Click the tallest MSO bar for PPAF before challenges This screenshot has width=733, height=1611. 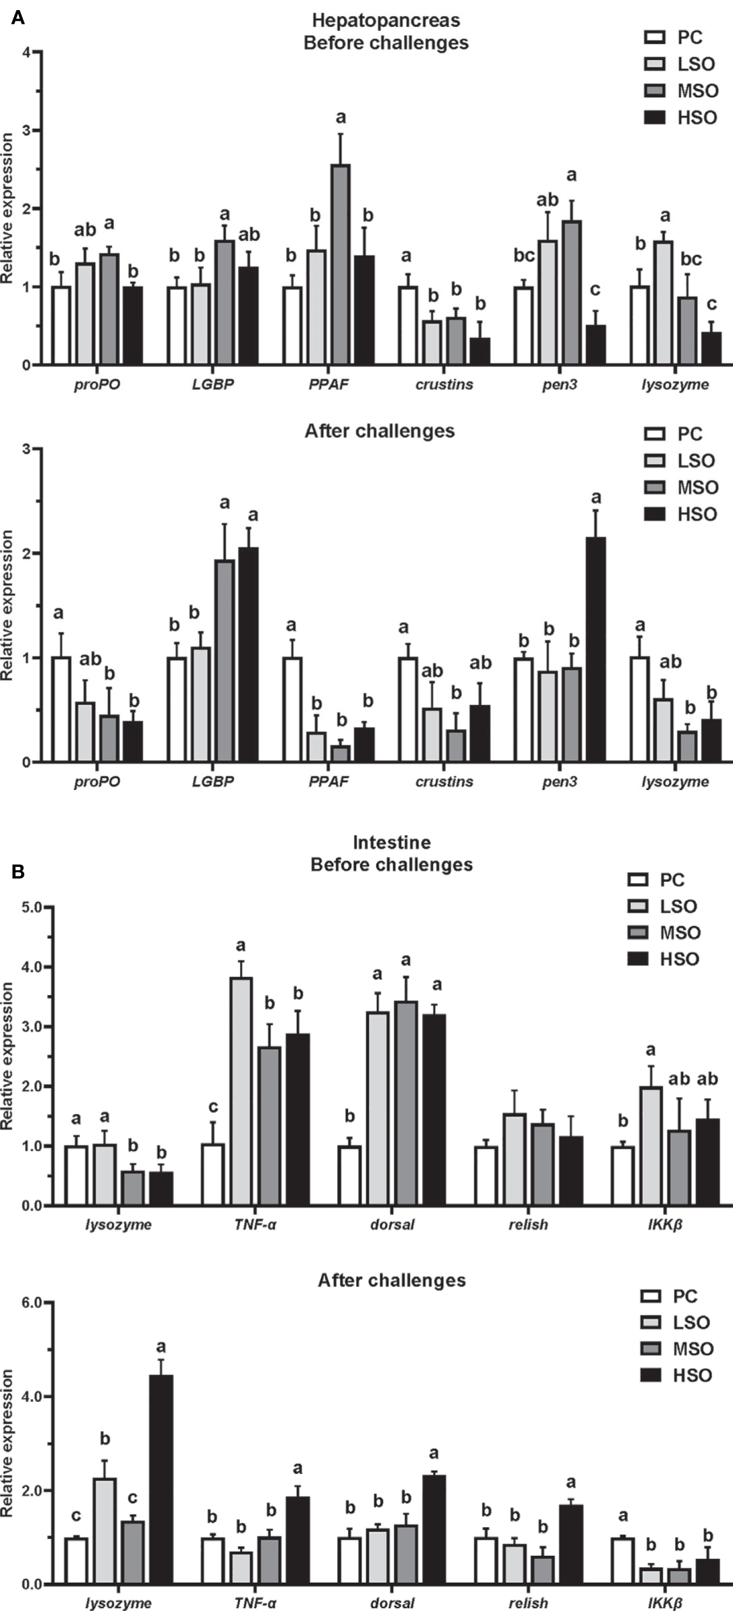click(341, 264)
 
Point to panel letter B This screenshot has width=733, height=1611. click(18, 872)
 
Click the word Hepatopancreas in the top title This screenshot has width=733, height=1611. click(386, 20)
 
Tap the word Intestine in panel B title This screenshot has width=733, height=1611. click(392, 842)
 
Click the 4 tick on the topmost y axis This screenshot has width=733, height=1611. click(26, 52)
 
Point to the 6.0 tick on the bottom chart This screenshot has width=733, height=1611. click(32, 1302)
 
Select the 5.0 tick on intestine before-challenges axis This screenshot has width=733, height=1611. click(32, 907)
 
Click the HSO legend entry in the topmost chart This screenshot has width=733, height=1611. click(681, 117)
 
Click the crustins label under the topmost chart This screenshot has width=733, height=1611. click(444, 385)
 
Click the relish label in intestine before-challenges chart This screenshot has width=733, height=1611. click(528, 1224)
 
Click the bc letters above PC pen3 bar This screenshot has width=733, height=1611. click(524, 256)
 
